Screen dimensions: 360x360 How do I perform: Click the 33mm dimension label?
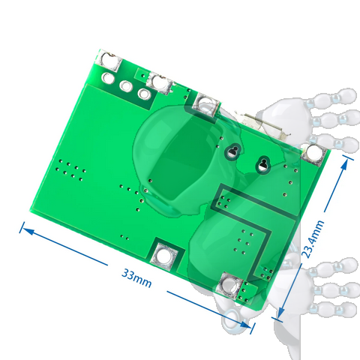tap(136, 278)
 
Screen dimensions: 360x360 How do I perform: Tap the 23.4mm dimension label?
tap(313, 239)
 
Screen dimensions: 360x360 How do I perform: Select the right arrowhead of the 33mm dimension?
tap(245, 324)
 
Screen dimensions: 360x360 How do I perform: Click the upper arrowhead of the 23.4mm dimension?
tap(345, 165)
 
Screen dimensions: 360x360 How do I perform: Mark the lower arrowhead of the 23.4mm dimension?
tap(281, 312)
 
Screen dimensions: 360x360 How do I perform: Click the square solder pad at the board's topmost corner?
tap(109, 61)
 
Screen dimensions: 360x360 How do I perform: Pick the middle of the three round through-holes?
tap(126, 85)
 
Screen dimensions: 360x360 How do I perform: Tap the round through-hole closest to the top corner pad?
tap(108, 78)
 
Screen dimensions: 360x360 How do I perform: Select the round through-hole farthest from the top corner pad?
tap(144, 94)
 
